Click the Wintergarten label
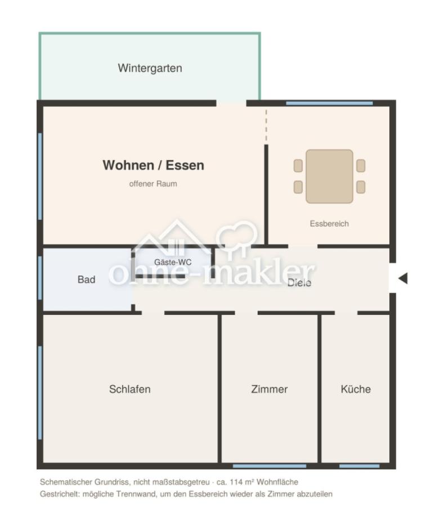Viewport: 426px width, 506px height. (x=150, y=68)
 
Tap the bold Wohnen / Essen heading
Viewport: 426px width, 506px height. (x=154, y=165)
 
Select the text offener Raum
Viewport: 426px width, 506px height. (x=153, y=184)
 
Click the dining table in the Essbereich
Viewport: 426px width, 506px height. (x=329, y=176)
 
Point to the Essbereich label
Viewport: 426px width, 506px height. (x=329, y=224)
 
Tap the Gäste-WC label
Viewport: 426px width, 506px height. (x=173, y=262)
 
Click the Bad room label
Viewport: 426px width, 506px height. (x=86, y=279)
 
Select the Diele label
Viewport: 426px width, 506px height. (x=299, y=283)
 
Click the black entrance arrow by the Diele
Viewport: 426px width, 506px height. (x=403, y=278)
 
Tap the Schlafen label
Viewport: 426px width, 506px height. (x=130, y=389)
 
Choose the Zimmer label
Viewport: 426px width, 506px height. (x=270, y=389)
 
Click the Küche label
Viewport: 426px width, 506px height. (x=356, y=389)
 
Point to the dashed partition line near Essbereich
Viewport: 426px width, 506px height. (x=266, y=125)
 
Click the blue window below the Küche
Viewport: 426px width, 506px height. (x=359, y=466)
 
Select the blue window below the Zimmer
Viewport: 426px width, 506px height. (x=270, y=466)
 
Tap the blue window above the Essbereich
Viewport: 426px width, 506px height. (x=329, y=103)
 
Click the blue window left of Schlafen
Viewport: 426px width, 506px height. (x=40, y=393)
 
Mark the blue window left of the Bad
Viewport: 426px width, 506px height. (x=40, y=278)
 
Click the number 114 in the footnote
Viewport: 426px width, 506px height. (x=236, y=482)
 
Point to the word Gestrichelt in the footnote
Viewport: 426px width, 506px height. (x=60, y=494)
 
